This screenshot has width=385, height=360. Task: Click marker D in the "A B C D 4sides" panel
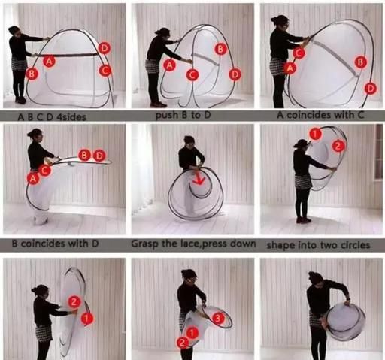tap(104, 48)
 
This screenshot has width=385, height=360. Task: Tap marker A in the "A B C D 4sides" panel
tap(49, 61)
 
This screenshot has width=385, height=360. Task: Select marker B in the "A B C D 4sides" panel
tap(32, 74)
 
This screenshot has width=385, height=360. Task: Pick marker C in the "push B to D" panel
tap(192, 74)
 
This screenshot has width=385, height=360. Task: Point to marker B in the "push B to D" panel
tap(220, 49)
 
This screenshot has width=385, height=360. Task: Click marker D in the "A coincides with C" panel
tap(371, 89)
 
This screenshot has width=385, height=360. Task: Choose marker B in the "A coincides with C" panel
tap(360, 62)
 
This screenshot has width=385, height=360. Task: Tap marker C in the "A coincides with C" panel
tap(299, 53)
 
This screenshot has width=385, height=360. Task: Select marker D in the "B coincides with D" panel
tap(99, 156)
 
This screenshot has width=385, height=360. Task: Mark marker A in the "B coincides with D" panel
tap(33, 178)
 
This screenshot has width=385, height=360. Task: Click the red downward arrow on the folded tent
tap(200, 178)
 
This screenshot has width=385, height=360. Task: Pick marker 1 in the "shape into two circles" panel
tap(315, 133)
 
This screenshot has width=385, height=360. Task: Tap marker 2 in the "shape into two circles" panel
tap(338, 146)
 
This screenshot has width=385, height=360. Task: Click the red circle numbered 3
tap(218, 319)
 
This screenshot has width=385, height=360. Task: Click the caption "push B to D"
tap(183, 115)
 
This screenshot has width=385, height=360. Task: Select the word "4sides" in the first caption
tap(71, 117)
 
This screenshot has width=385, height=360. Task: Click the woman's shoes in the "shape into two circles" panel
tap(304, 220)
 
